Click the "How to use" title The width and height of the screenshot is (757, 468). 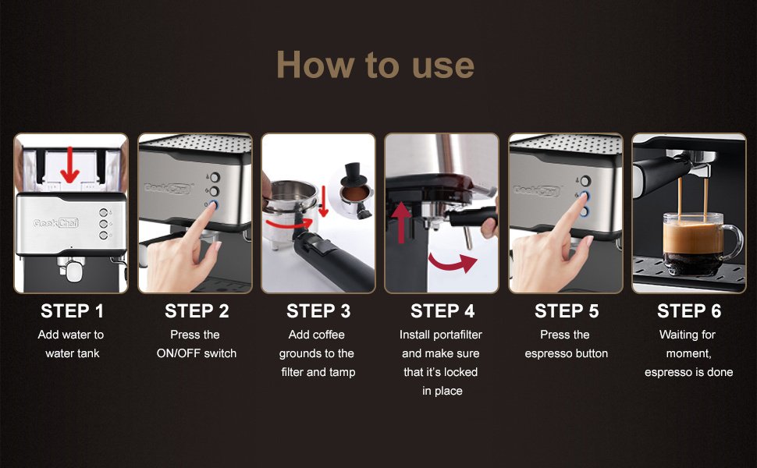[375, 65]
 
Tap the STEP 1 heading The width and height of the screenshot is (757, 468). [72, 311]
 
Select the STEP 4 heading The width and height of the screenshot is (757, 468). [442, 311]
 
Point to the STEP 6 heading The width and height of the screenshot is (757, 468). [689, 311]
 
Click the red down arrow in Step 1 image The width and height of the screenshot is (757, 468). [70, 165]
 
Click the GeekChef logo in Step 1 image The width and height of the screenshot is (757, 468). [55, 223]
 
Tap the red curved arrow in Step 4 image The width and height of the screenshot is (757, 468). [453, 263]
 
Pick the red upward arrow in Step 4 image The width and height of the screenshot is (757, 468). [401, 222]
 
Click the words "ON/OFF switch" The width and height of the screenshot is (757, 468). [197, 353]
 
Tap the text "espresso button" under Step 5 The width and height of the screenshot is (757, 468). [567, 353]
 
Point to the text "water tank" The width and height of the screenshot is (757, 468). [73, 353]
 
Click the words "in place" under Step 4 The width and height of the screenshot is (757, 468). [442, 391]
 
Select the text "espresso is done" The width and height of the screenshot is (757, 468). [688, 372]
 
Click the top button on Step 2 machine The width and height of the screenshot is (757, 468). [215, 177]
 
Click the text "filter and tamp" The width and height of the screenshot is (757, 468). [318, 372]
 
